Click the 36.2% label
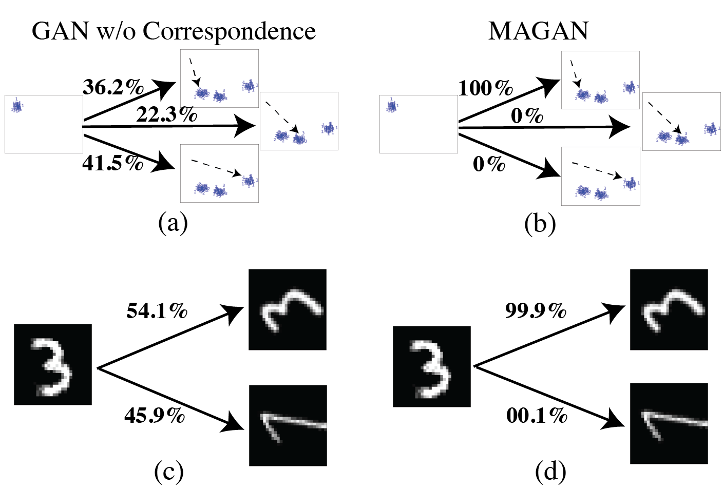[113, 87]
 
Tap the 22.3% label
[166, 114]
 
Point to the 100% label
[485, 88]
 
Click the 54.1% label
[157, 310]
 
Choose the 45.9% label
[155, 415]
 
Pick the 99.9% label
[536, 310]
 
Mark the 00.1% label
[537, 415]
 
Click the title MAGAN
[538, 31]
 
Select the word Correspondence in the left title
[229, 32]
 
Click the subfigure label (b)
[540, 224]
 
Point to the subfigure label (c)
[168, 472]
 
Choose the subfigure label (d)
[550, 472]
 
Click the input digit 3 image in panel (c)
[52, 364]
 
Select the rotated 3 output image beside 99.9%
[669, 310]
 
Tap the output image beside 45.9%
[288, 425]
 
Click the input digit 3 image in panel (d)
[431, 366]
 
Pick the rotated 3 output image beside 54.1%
[288, 309]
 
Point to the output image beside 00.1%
[669, 423]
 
